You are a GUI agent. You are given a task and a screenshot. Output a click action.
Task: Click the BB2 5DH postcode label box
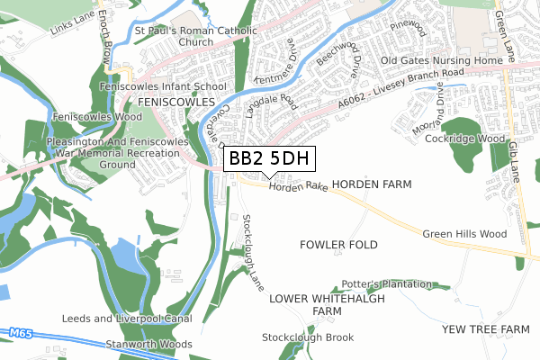pyautogui.click(x=269, y=159)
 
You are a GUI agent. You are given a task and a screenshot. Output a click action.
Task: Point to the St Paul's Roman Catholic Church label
pyautogui.click(x=195, y=35)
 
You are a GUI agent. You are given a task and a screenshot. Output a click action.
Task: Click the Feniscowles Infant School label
pyautogui.click(x=162, y=86)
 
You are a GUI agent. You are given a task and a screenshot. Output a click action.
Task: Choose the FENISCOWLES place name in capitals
pyautogui.click(x=171, y=103)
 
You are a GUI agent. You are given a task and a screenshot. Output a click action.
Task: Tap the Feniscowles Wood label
pyautogui.click(x=97, y=117)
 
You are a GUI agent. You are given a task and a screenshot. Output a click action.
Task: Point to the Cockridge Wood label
pyautogui.click(x=465, y=139)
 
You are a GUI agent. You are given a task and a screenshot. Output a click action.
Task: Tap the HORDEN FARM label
pyautogui.click(x=372, y=184)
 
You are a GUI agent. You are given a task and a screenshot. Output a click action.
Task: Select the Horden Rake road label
pyautogui.click(x=298, y=186)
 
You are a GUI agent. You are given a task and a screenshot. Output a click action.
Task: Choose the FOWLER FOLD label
pyautogui.click(x=338, y=245)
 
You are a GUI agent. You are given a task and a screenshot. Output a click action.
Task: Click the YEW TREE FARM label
pyautogui.click(x=486, y=329)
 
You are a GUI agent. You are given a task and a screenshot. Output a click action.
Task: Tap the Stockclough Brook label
pyautogui.click(x=308, y=337)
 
